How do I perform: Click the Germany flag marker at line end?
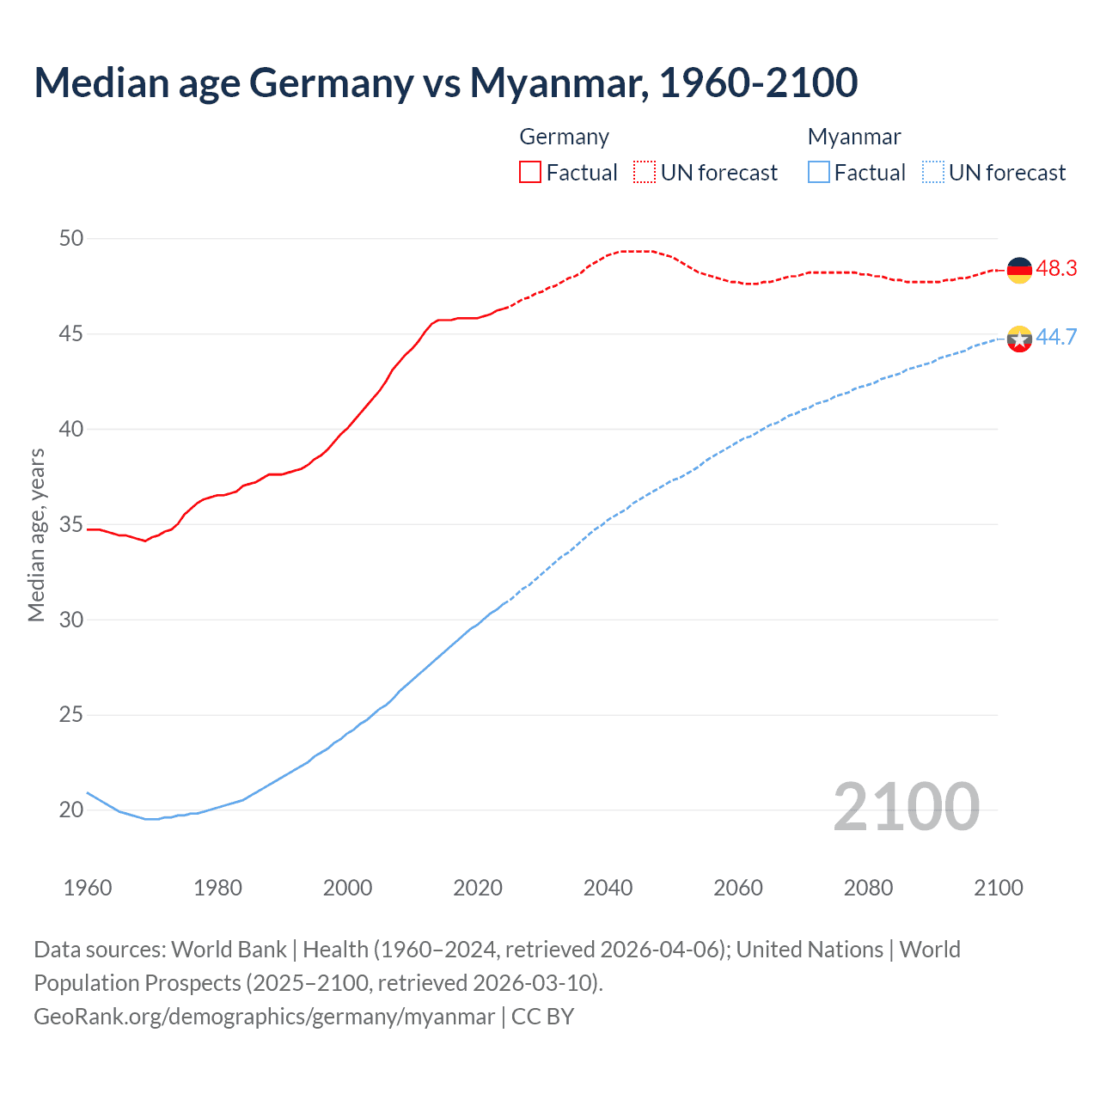1019,270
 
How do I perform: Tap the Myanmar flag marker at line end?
1019,339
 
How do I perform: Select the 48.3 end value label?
1056,269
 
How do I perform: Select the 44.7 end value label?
1056,337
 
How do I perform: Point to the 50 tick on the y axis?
71,238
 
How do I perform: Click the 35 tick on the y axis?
71,524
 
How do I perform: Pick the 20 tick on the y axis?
71,810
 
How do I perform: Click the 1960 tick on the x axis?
88,888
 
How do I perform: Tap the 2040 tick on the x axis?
608,888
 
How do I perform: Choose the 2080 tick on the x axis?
868,888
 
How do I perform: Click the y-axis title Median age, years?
36,535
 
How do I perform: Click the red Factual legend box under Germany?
530,172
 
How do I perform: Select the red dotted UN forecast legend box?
645,172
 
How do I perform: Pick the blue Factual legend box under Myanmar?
819,172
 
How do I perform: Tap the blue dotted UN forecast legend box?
933,172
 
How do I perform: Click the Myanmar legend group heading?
854,137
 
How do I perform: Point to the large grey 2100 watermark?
906,806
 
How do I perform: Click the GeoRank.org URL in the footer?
264,1017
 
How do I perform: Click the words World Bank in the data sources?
229,950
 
